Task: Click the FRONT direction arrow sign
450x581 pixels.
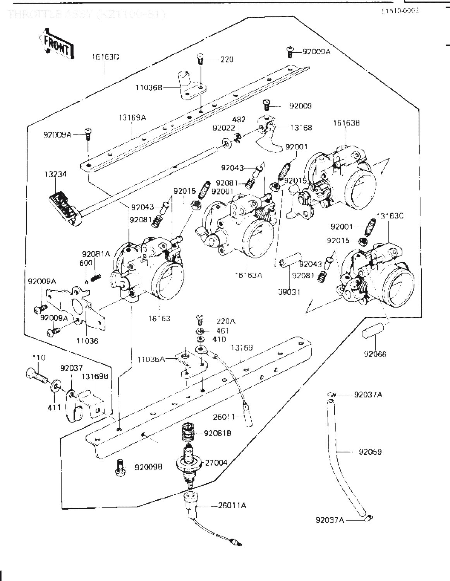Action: (57, 45)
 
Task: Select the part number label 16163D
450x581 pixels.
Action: (105, 57)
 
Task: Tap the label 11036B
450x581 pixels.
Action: (148, 88)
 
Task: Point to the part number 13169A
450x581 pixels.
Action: (132, 117)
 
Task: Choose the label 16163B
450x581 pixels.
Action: (347, 123)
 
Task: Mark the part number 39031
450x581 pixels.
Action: (289, 292)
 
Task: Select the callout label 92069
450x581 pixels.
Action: (370, 452)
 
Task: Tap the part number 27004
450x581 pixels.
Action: (216, 462)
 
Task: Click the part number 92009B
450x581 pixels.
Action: (148, 467)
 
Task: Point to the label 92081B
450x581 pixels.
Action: (218, 433)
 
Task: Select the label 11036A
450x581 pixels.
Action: (151, 359)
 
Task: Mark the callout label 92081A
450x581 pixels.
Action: (96, 254)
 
